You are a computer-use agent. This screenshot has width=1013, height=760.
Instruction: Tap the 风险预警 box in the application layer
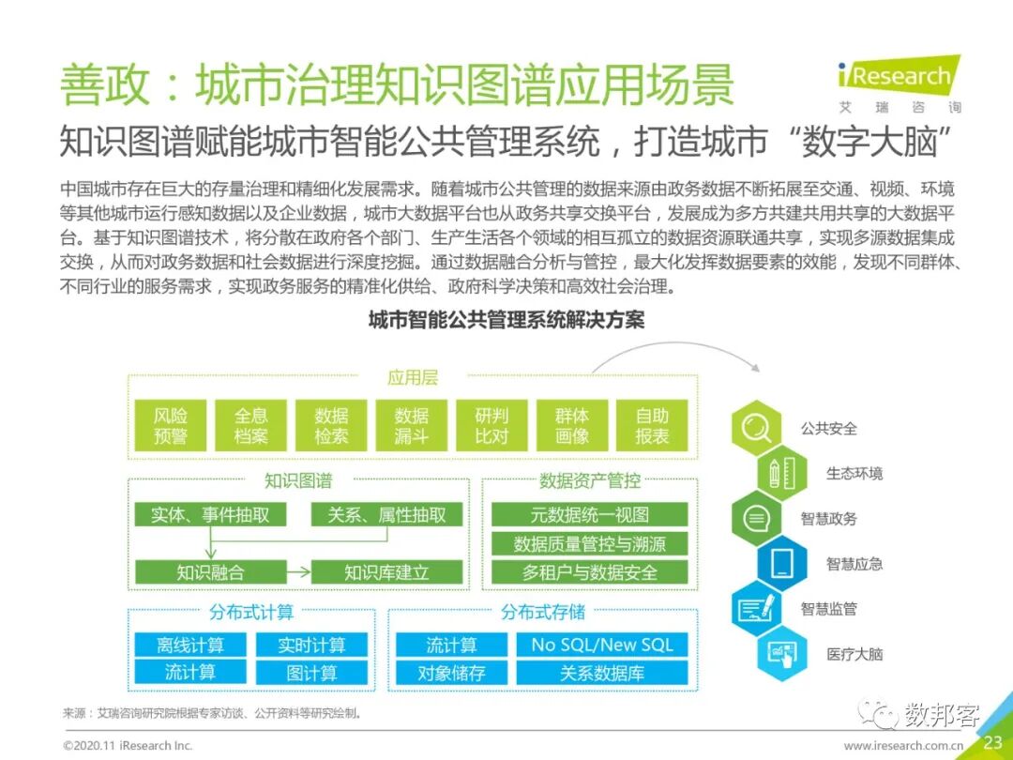pyautogui.click(x=171, y=425)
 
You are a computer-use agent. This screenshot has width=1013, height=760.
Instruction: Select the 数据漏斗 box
pyautogui.click(x=411, y=425)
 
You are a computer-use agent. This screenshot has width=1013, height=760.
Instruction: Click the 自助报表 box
pyautogui.click(x=652, y=425)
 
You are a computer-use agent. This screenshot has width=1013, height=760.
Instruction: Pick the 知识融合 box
pyautogui.click(x=210, y=571)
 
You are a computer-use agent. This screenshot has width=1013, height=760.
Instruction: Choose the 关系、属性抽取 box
pyautogui.click(x=386, y=514)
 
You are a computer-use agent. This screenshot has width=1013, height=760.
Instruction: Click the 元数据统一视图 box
pyautogui.click(x=589, y=514)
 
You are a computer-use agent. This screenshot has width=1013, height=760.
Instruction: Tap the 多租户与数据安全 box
pyautogui.click(x=589, y=571)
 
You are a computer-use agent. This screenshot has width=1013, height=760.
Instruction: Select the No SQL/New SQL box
pyautogui.click(x=602, y=645)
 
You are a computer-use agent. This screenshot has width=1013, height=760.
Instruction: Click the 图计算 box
pyautogui.click(x=311, y=673)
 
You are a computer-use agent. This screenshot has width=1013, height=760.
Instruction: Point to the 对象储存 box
pyautogui.click(x=451, y=673)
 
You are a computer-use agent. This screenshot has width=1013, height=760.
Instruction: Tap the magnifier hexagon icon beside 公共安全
pyautogui.click(x=756, y=428)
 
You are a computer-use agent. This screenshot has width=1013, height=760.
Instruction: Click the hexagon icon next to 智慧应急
pyautogui.click(x=782, y=564)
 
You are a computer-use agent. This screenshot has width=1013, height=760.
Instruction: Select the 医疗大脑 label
pyautogui.click(x=854, y=654)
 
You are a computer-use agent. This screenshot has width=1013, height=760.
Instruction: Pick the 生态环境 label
pyautogui.click(x=854, y=474)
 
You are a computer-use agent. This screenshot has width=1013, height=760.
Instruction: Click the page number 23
pyautogui.click(x=992, y=743)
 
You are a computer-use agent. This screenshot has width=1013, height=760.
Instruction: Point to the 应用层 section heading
pyautogui.click(x=413, y=378)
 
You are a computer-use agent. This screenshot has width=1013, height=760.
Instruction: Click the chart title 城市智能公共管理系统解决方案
pyautogui.click(x=506, y=320)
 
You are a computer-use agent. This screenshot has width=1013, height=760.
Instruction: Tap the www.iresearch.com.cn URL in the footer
pyautogui.click(x=903, y=745)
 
